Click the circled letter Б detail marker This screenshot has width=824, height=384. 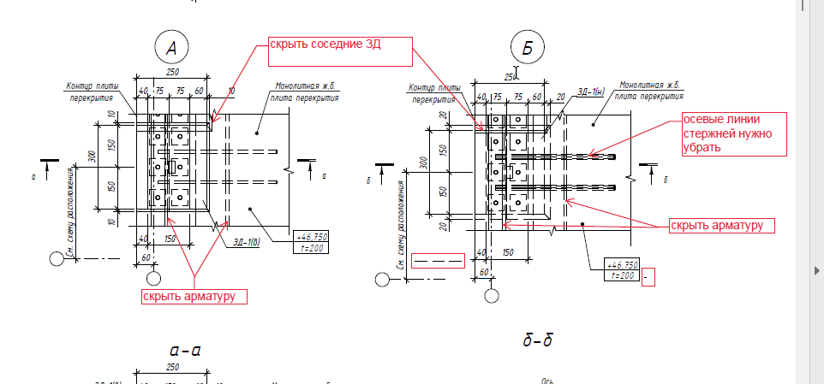(x=527, y=50)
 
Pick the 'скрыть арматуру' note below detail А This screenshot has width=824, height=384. (x=194, y=296)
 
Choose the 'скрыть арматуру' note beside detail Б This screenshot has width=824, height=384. (x=721, y=225)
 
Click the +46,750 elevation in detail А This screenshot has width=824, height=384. (x=310, y=237)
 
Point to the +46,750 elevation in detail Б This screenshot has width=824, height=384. (x=622, y=264)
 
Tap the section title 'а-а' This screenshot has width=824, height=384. (x=185, y=349)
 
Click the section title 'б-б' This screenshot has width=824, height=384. (x=537, y=341)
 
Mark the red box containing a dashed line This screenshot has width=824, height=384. (x=438, y=260)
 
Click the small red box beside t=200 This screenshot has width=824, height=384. (x=648, y=277)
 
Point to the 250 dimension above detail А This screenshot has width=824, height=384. (x=172, y=72)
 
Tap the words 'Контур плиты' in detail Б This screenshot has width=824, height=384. (x=432, y=87)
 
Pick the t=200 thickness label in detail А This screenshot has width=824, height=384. (x=310, y=248)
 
